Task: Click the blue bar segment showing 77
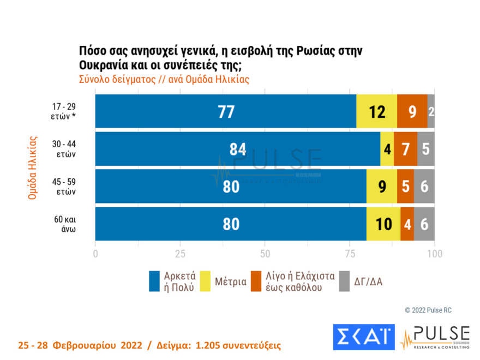(226, 111)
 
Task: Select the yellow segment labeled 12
(376, 111)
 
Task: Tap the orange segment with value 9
(412, 111)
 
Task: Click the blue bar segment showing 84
(238, 149)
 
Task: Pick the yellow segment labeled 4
(387, 149)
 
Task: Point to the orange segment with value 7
(405, 149)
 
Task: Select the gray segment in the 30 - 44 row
(426, 149)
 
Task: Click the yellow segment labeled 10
(383, 224)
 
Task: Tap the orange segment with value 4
(407, 224)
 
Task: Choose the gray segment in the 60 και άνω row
(424, 224)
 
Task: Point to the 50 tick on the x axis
(265, 254)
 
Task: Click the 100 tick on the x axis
(434, 254)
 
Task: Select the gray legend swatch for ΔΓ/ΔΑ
(344, 281)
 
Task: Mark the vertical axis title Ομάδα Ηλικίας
(32, 167)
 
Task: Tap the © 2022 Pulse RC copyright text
(428, 310)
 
